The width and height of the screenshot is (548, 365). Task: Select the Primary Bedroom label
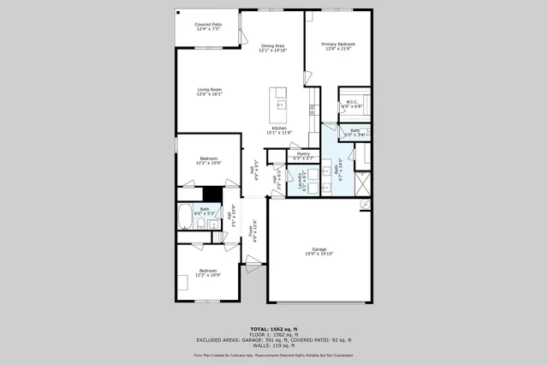tap(338, 45)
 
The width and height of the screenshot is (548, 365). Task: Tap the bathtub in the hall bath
tap(186, 218)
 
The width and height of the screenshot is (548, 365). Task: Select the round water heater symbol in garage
tap(364, 204)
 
